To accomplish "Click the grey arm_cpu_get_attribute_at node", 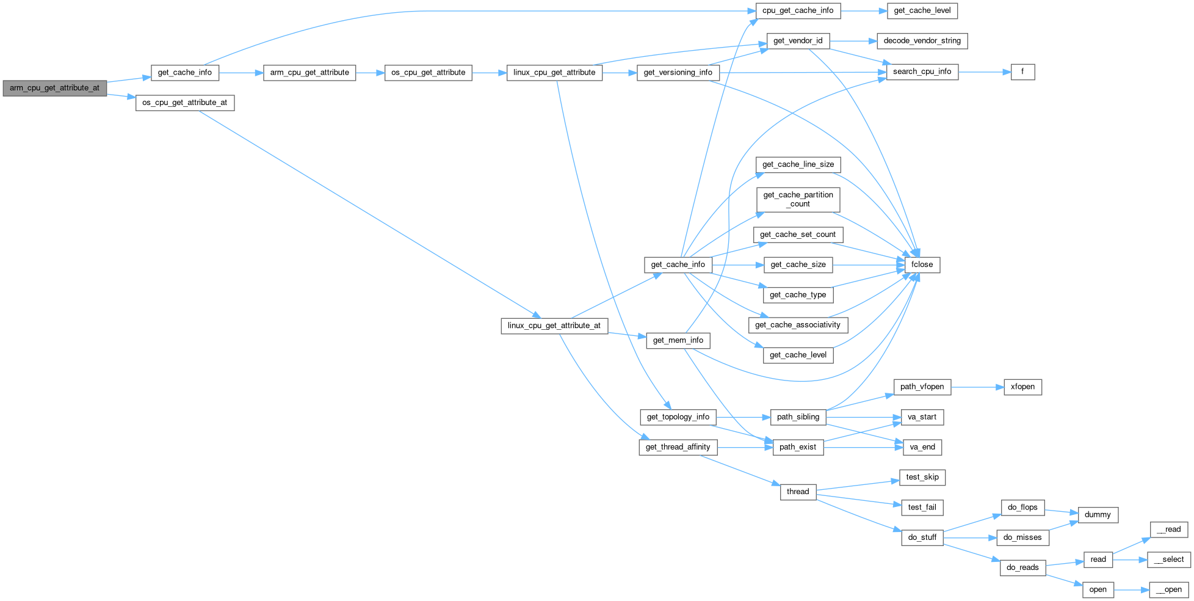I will pyautogui.click(x=54, y=88).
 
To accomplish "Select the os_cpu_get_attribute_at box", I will pyautogui.click(x=184, y=103).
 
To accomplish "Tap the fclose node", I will pyautogui.click(x=922, y=264).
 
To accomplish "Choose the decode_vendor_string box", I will pyautogui.click(x=922, y=41).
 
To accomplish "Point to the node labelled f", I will pyautogui.click(x=1022, y=71).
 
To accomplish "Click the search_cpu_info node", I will pyautogui.click(x=922, y=71).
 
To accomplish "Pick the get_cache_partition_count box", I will pyautogui.click(x=798, y=199).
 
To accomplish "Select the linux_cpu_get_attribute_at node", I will pyautogui.click(x=554, y=326).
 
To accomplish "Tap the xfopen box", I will pyautogui.click(x=1022, y=387).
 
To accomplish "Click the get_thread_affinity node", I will pyautogui.click(x=678, y=447).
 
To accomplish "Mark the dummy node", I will pyautogui.click(x=1098, y=515).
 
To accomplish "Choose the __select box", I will pyautogui.click(x=1169, y=559).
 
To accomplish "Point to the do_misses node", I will pyautogui.click(x=1022, y=537).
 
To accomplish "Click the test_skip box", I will pyautogui.click(x=922, y=477).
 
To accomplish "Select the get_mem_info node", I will pyautogui.click(x=678, y=340).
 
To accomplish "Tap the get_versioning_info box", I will pyautogui.click(x=678, y=73).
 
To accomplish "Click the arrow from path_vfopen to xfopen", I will pyautogui.click(x=977, y=387).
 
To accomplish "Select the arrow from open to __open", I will pyautogui.click(x=1131, y=590).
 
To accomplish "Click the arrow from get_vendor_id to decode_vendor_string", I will pyautogui.click(x=853, y=41).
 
